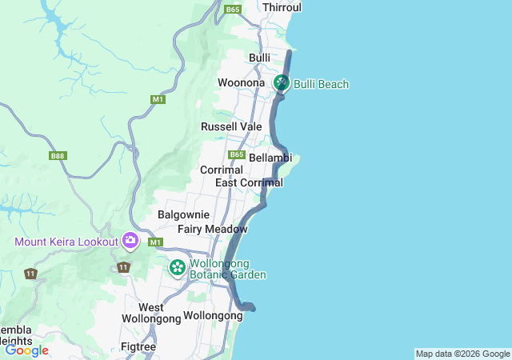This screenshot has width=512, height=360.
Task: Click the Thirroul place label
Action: pyautogui.click(x=282, y=7)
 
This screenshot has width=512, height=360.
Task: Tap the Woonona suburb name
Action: pyautogui.click(x=241, y=83)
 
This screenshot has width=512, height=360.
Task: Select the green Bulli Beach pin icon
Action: pyautogui.click(x=282, y=82)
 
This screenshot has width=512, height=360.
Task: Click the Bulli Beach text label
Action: pyautogui.click(x=322, y=84)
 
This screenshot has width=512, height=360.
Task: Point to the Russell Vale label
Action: pyautogui.click(x=231, y=126)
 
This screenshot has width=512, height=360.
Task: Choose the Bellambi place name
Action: pyautogui.click(x=270, y=158)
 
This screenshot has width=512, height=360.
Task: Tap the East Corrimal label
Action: pyautogui.click(x=249, y=183)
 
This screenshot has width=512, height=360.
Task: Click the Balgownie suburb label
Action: pyautogui.click(x=183, y=214)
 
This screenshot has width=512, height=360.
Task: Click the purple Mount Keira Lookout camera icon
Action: pyautogui.click(x=130, y=240)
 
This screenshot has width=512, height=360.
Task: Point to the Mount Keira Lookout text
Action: pyautogui.click(x=66, y=242)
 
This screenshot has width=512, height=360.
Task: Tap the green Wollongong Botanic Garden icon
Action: pyautogui.click(x=177, y=267)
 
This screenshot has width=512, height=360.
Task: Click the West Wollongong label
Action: pyautogui.click(x=151, y=313)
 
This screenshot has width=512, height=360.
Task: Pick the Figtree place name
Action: pyautogui.click(x=138, y=346)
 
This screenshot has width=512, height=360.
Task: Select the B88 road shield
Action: pyautogui.click(x=58, y=156)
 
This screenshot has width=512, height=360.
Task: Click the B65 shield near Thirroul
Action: pyautogui.click(x=233, y=10)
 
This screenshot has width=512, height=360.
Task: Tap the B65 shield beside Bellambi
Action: pyautogui.click(x=236, y=154)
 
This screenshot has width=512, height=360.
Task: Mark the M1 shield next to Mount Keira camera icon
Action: pyautogui.click(x=155, y=242)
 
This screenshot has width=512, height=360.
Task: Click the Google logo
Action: pyautogui.click(x=26, y=350)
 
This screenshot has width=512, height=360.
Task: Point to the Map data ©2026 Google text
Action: pyautogui.click(x=462, y=354)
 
